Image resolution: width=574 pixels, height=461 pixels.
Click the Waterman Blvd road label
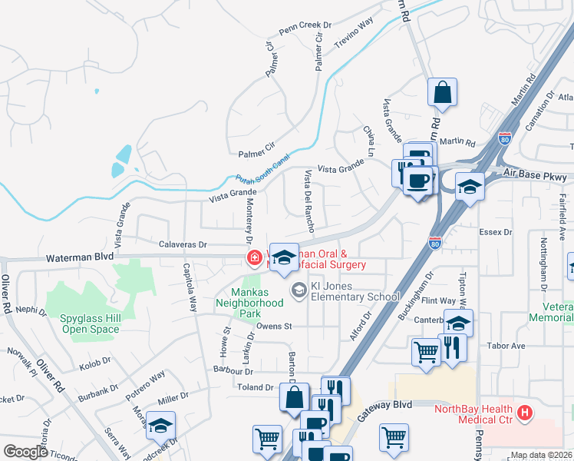80,260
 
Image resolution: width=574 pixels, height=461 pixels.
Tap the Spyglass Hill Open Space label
90,323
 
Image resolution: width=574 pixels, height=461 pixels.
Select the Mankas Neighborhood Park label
258,297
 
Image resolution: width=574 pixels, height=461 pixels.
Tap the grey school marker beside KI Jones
298,290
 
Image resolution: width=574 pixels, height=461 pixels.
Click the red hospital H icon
525,413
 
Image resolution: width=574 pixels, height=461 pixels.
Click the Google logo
25,452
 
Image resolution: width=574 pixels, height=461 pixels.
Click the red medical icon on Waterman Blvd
253,257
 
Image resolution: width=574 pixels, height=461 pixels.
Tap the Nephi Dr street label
31,310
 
